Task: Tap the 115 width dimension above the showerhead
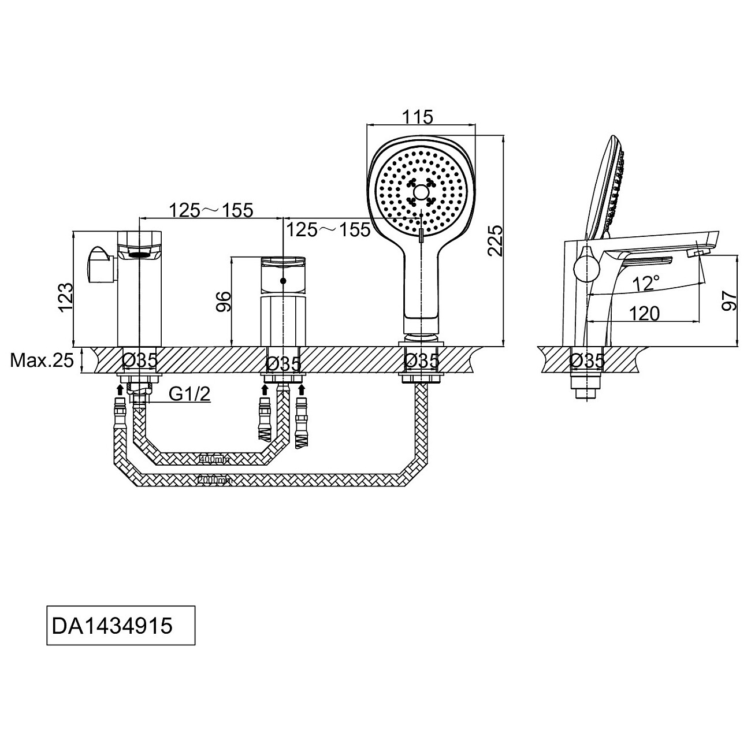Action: tap(419, 117)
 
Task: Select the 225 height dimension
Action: tap(496, 240)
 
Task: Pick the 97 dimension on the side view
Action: tap(731, 300)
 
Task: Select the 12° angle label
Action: tap(645, 283)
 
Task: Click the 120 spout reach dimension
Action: tap(644, 314)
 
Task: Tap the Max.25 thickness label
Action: tap(42, 361)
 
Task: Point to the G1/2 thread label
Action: tap(189, 394)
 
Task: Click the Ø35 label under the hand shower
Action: tap(422, 361)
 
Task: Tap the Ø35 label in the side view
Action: tap(587, 361)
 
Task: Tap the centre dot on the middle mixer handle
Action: tap(282, 281)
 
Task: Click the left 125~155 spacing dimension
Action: tap(211, 211)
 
